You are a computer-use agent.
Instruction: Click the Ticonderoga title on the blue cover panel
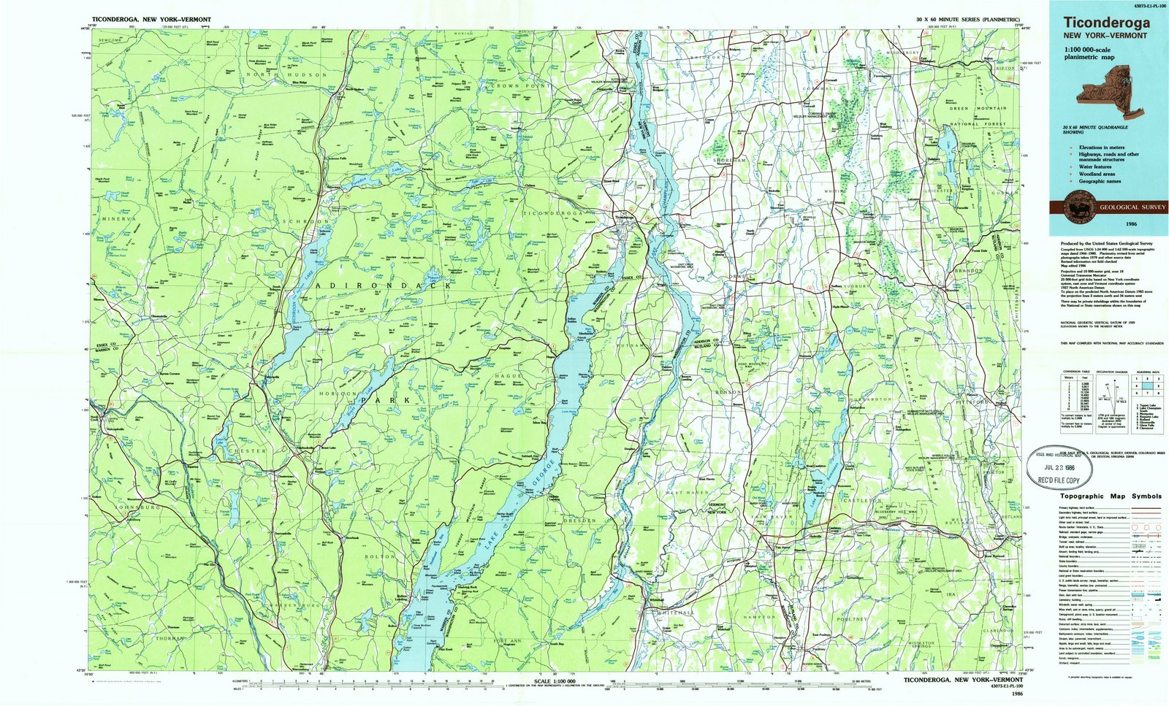click(x=1106, y=23)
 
